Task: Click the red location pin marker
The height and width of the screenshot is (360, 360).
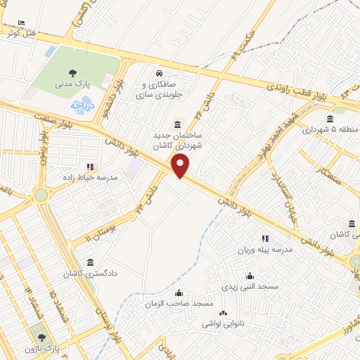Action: [x=181, y=167]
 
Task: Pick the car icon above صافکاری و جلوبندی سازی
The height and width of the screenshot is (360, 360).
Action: [x=160, y=72]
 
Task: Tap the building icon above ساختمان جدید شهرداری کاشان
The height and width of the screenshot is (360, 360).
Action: [x=176, y=122]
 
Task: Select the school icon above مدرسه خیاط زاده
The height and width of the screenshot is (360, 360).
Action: [x=89, y=167]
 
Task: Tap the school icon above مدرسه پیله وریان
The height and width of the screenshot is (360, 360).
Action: [x=265, y=240]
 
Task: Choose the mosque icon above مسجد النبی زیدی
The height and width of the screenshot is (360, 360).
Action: [x=250, y=276]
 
